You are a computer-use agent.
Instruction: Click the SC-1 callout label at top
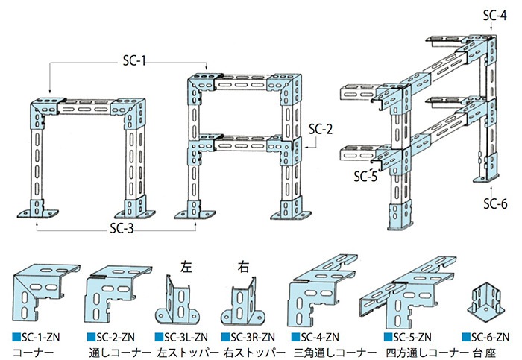tap(134, 61)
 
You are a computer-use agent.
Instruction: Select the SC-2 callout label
tap(321, 129)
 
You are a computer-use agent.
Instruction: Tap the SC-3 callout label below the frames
tap(122, 228)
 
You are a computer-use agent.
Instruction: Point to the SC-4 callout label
tap(495, 16)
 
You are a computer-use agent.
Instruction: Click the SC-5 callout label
tap(365, 177)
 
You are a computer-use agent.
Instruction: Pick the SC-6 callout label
tap(496, 203)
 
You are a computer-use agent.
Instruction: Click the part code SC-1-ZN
tap(40, 338)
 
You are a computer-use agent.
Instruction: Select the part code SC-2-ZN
tap(116, 338)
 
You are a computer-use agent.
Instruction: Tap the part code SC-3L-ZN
tap(186, 338)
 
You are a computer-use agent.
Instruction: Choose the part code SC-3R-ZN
tap(253, 338)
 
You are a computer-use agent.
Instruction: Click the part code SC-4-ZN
tap(320, 338)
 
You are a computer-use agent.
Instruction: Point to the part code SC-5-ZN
tap(412, 338)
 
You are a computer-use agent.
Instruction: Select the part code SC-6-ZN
tap(491, 338)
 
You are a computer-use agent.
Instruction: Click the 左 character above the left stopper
tap(186, 267)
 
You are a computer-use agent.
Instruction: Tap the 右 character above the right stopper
tap(243, 267)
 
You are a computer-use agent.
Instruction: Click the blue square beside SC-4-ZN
tap(295, 338)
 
